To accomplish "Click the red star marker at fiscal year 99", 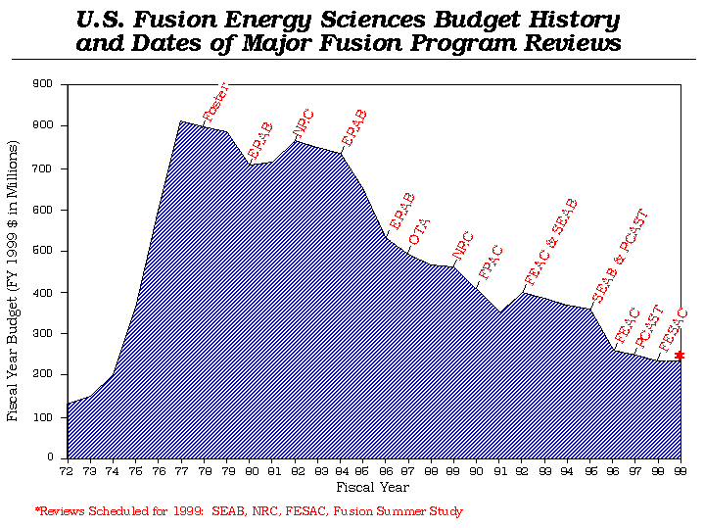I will [680, 355].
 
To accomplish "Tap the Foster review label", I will [216, 103].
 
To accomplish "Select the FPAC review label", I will [490, 262].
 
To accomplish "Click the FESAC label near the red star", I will [674, 329].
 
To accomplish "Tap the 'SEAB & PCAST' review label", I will [620, 256].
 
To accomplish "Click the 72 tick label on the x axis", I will [67, 471].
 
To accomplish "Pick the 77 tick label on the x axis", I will [181, 471].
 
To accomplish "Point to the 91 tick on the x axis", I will [499, 471].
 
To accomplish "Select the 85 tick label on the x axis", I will [363, 471].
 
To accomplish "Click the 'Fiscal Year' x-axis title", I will [372, 487].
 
